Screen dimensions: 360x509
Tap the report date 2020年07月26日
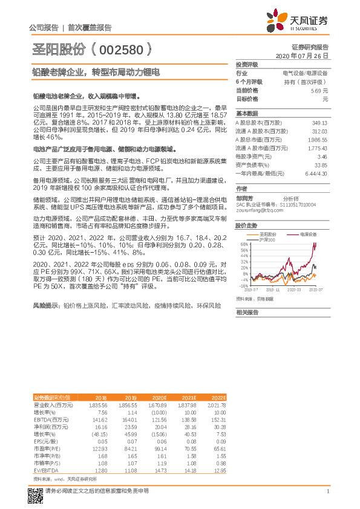tap(301, 55)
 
